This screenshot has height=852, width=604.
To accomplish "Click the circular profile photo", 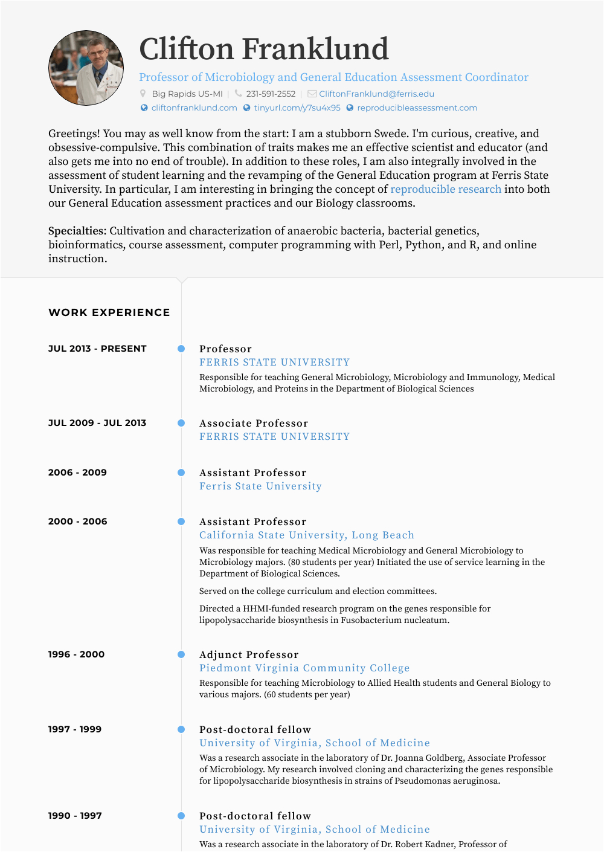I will coord(86,68).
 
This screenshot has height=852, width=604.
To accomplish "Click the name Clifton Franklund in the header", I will coord(264,49).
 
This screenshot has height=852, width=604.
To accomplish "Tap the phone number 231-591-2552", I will coord(271,94).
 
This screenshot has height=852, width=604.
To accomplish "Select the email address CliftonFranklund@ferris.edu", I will coord(376,94).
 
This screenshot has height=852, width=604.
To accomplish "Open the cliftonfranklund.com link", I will coord(194,108).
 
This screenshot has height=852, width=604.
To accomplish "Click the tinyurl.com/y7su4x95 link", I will coord(297,108).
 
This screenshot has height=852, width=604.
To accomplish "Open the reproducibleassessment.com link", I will coord(417,108).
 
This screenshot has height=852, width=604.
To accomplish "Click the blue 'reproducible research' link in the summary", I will coord(446,189).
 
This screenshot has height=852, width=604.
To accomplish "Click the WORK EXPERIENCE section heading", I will coord(109,312).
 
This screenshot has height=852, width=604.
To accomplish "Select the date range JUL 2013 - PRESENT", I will coord(97,349).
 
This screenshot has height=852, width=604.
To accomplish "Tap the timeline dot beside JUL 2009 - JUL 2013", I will coord(181,423).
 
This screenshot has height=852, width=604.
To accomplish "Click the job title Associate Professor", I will coord(254,424).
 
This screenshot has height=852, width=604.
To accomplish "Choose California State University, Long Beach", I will coord(307,535).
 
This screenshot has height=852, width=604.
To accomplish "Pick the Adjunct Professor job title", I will coord(249,655).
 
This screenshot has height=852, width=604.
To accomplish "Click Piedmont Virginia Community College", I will coord(304,668).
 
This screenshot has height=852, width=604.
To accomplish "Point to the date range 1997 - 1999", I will coord(75,729).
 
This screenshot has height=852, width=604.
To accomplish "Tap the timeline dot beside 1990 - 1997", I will coord(181,816).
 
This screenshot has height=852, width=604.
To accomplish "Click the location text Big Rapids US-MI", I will coord(187,94).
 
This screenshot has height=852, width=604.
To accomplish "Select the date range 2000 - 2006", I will coord(78,521).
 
